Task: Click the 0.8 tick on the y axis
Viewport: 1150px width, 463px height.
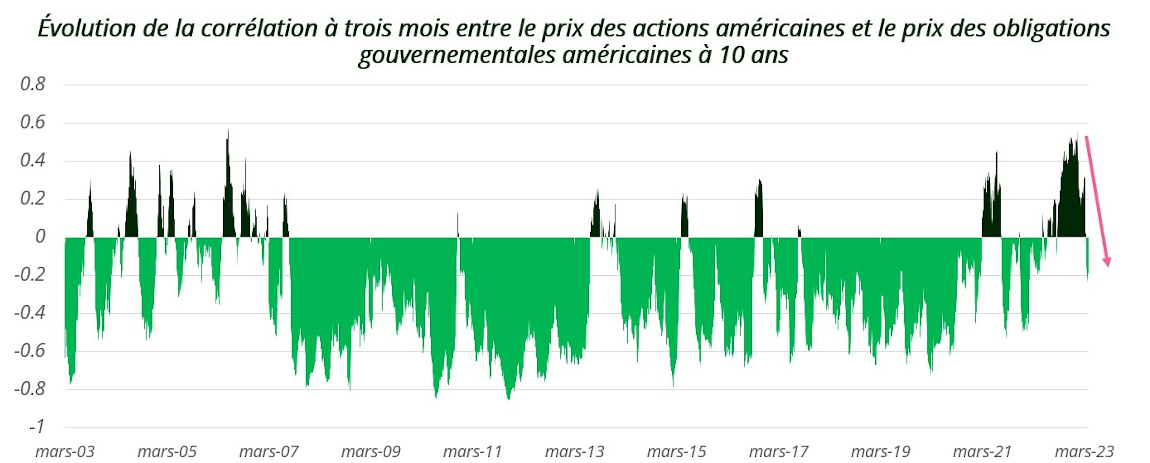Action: [x=33, y=84]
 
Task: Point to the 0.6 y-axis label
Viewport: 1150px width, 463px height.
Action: [x=33, y=122]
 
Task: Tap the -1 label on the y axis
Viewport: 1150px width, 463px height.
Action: [x=37, y=427]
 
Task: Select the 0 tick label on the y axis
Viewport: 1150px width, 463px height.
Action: [x=40, y=236]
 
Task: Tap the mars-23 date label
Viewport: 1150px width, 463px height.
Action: [x=1084, y=451]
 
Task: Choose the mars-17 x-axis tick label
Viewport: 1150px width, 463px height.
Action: [x=779, y=451]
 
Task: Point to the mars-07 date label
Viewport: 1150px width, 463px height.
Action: [x=269, y=451]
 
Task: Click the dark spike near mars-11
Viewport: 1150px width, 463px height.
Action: [x=458, y=218]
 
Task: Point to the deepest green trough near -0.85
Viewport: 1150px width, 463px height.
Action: [x=509, y=396]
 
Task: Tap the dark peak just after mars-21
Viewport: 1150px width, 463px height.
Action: [x=996, y=156]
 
